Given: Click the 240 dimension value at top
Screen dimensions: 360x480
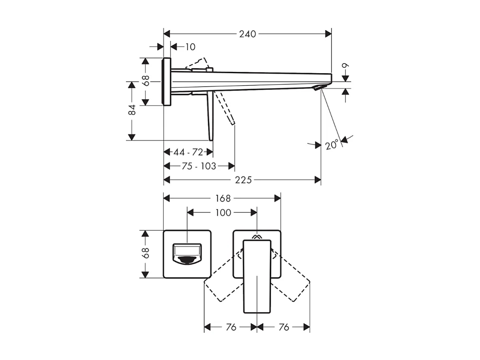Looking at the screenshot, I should pos(247,34).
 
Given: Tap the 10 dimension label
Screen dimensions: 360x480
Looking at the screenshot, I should pos(190,47).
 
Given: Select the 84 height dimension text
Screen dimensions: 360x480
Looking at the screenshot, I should pos(132,110).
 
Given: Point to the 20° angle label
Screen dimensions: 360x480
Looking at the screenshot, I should pos(331,145).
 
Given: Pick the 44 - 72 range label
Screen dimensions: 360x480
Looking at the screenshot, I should pos(188,152).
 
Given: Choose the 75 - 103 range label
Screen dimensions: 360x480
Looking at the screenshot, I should pos(199,166).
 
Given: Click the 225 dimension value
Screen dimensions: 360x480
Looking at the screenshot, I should pos(243,180).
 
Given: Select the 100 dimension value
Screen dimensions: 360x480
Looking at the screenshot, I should pos(223,212).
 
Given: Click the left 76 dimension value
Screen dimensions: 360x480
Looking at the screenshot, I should pos(231,327).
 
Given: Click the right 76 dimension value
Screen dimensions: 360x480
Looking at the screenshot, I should pos(283,327).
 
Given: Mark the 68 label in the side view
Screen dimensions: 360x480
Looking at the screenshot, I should pos(145,81).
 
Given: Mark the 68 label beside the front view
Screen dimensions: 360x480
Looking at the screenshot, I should pos(145,253).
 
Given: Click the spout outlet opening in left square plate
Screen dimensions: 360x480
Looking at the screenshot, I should pos(187,255).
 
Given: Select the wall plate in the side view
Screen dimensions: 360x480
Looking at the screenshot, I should pos(167,82).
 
